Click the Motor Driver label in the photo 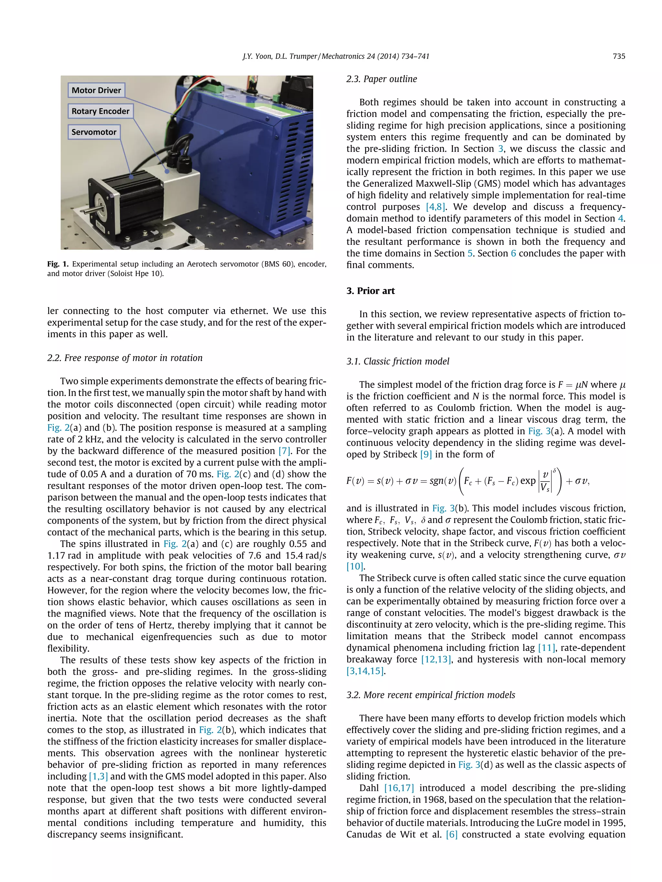(x=96, y=90)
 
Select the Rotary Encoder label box (x=101, y=111)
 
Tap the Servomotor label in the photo (x=94, y=132)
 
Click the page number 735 (x=618, y=56)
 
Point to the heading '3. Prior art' (x=370, y=291)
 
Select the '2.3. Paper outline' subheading (x=381, y=79)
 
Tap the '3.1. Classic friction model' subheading (x=398, y=361)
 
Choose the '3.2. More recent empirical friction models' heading (x=431, y=695)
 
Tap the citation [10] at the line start (x=355, y=566)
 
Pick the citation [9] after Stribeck (x=426, y=454)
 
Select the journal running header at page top (x=336, y=56)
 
